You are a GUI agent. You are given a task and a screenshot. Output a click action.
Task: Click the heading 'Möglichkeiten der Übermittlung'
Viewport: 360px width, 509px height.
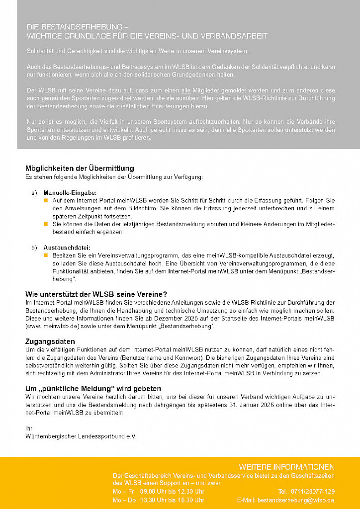(80, 169)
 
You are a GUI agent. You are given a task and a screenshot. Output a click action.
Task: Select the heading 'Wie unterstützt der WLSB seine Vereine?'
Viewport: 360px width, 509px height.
(96, 294)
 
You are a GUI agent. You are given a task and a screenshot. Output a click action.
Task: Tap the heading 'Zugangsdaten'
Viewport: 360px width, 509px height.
(50, 341)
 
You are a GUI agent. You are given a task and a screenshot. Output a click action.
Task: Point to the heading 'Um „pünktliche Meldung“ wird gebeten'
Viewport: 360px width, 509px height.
(93, 389)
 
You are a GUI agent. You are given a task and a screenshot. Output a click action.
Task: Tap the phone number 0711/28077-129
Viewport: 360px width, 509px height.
(313, 492)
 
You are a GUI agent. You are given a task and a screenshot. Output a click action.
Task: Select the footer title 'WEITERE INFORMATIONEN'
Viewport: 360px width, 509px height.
(286, 467)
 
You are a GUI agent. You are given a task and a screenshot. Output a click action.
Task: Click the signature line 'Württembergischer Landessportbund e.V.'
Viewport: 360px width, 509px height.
(81, 436)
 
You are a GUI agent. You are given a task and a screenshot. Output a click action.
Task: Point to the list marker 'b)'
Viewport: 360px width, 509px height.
(34, 248)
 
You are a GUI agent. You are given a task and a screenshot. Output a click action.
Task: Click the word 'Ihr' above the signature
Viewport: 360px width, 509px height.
(28, 428)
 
